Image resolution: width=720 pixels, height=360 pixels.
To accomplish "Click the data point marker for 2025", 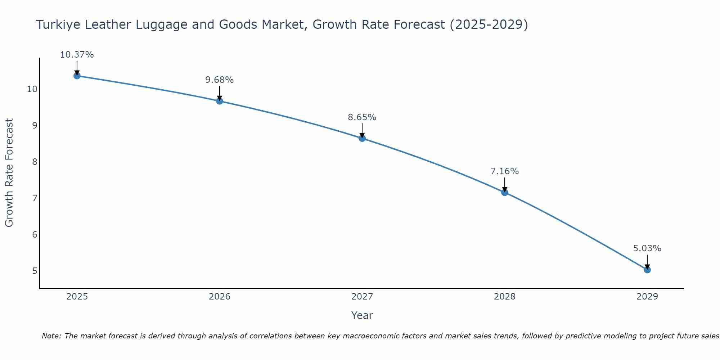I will pos(77,76).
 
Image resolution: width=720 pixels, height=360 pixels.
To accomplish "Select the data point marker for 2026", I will pos(219,101).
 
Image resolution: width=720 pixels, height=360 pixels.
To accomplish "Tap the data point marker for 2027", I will pos(362,138).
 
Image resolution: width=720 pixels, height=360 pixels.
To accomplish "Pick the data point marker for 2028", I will pos(504,192).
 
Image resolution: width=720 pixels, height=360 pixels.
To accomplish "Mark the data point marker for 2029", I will pos(647,270).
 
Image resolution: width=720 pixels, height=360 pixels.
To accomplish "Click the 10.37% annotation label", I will pos(77,55).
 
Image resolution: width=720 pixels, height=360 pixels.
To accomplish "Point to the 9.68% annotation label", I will pos(219,80).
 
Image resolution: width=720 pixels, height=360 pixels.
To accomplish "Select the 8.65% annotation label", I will pos(362,117).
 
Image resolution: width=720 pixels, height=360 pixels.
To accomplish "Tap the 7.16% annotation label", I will pos(504,171).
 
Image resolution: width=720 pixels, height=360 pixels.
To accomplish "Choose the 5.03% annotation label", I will pos(647,248).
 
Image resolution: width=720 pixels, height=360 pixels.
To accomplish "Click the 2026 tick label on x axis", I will pos(220,297).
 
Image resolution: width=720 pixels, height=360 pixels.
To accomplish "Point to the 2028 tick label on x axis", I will pos(504,297).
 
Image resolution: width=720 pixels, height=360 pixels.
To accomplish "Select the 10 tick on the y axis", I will pos(32,89).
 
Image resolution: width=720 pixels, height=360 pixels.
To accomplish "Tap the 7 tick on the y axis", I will pos(35,198).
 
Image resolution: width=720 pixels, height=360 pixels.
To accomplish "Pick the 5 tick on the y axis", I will pos(35,271).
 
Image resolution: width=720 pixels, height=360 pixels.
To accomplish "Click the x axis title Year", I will pos(362,315).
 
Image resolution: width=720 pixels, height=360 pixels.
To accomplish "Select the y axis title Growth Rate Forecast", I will pos(9,173).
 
